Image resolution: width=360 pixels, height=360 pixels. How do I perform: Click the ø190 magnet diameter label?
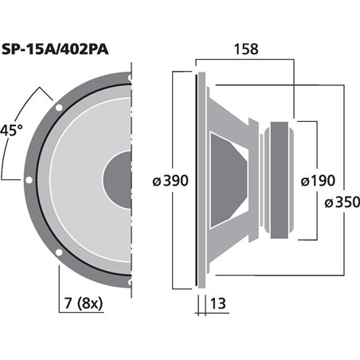click(318, 181)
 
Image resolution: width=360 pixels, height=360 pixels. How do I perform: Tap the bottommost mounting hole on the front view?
click(126, 280)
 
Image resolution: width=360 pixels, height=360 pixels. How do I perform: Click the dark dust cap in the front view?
click(118, 179)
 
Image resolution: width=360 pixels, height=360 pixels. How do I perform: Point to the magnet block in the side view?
click(282, 180)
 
